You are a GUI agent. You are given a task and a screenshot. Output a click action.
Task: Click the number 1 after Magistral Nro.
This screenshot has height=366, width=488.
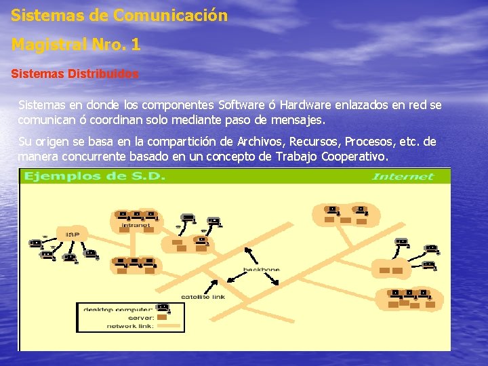(136, 45)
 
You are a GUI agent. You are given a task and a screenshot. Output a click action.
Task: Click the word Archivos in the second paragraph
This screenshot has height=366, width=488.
(261, 142)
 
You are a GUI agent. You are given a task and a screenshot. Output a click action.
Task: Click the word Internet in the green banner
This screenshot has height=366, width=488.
(403, 177)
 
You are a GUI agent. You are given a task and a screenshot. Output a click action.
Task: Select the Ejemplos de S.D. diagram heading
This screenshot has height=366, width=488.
(95, 177)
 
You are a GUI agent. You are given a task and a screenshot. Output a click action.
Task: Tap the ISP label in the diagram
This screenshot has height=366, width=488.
(73, 235)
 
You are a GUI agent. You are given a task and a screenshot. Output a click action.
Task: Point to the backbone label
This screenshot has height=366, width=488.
(261, 270)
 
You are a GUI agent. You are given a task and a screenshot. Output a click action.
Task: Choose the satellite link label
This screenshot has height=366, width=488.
(203, 297)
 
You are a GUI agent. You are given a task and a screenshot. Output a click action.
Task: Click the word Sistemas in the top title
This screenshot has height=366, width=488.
(42, 15)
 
